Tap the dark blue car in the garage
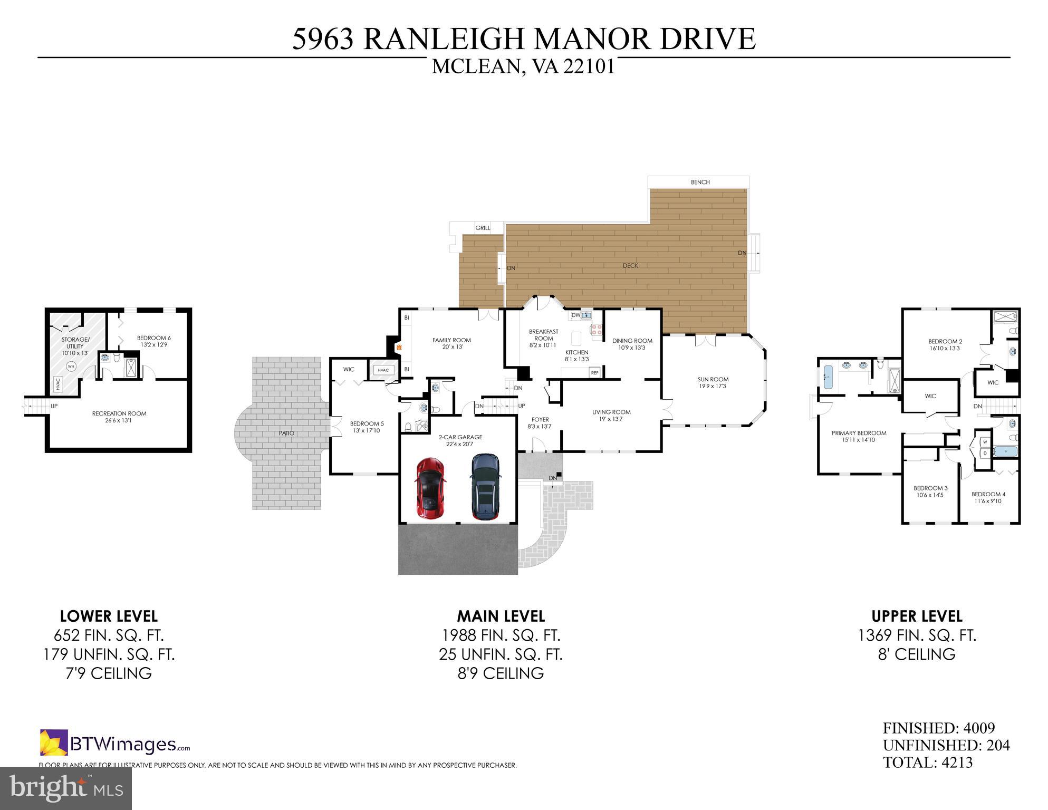tap(485, 486)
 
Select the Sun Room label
tap(713, 383)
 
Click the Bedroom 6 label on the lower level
tap(153, 341)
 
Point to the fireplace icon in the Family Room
tap(399, 348)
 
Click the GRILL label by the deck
tap(482, 228)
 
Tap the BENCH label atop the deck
tap(700, 182)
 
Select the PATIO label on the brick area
tap(286, 433)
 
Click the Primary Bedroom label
tap(859, 436)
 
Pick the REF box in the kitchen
tap(595, 372)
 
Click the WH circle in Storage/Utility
tap(71, 365)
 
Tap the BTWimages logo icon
tap(54, 742)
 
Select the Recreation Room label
tap(119, 417)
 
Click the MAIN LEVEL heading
tap(501, 616)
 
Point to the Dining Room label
tap(632, 344)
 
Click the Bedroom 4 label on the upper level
tap(988, 497)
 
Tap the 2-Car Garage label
tap(460, 440)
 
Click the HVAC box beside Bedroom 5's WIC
tap(383, 370)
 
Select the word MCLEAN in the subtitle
tap(476, 67)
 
